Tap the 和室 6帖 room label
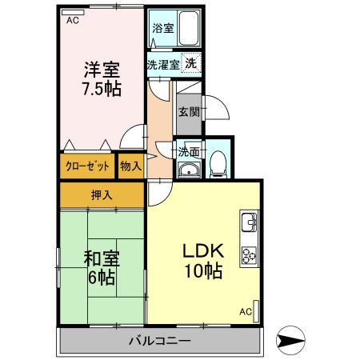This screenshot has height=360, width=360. [101, 268]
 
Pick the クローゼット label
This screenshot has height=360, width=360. [86, 166]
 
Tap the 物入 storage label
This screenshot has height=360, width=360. [130, 166]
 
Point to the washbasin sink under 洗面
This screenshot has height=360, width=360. [189, 169]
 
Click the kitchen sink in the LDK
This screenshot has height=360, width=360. [247, 222]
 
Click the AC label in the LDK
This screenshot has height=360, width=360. [245, 311]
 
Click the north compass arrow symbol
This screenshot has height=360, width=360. [293, 341]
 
